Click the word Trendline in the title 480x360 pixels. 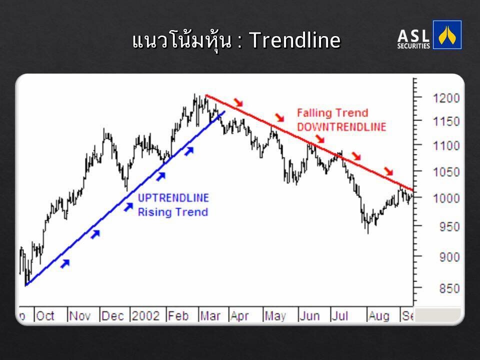click(295, 40)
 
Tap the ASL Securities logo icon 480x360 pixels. click(447, 35)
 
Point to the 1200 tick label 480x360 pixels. click(446, 98)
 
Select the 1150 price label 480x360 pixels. click(446, 122)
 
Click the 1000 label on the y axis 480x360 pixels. click(446, 198)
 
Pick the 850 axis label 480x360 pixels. click(449, 288)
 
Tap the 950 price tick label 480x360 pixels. click(449, 227)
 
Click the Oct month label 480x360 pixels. click(45, 315)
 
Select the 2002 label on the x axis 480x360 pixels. click(145, 315)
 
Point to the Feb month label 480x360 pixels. click(178, 315)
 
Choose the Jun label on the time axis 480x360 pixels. click(309, 315)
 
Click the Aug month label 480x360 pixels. click(379, 315)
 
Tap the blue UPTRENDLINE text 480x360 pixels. click(173, 198)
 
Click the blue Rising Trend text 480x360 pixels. click(173, 212)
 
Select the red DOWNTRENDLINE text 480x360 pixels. click(341, 126)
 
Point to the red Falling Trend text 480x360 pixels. click(332, 113)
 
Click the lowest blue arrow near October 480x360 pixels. click(65, 263)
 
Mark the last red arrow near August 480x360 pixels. click(388, 171)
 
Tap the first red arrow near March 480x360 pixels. click(238, 102)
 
